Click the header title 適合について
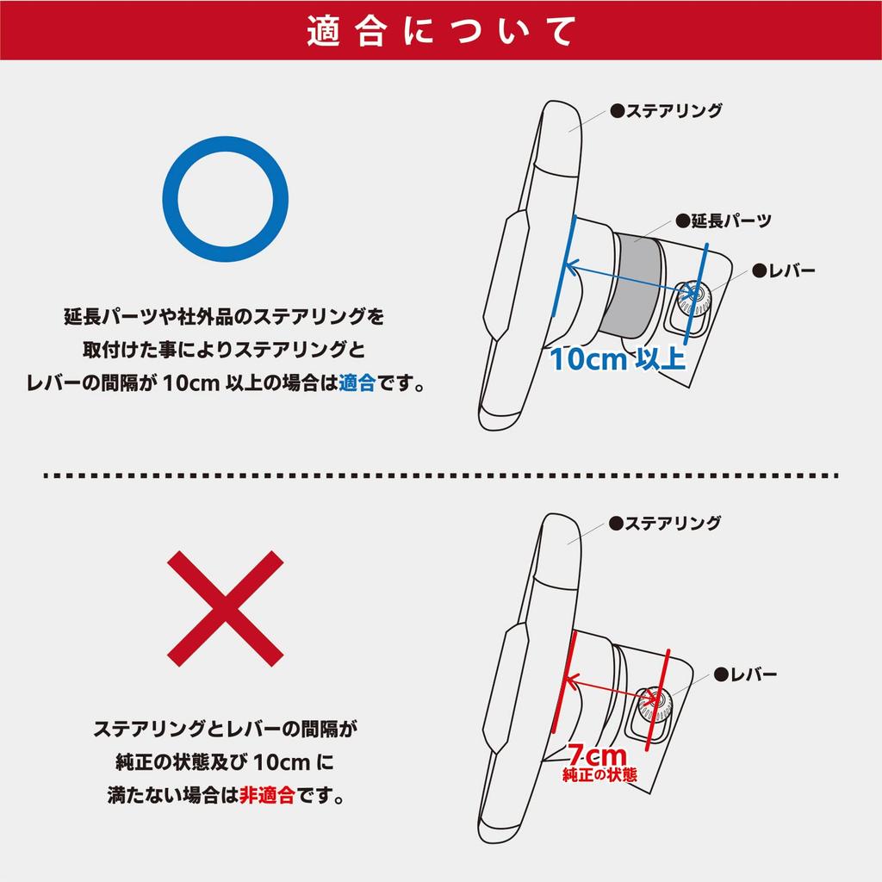click(x=441, y=31)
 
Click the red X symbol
click(x=225, y=609)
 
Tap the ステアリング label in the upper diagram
click(x=667, y=110)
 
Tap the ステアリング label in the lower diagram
click(x=665, y=523)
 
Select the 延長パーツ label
click(x=724, y=220)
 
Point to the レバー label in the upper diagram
click(x=784, y=270)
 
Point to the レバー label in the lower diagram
click(x=745, y=674)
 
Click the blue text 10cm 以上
click(x=618, y=359)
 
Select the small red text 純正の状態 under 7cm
click(x=599, y=774)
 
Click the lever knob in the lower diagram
click(x=655, y=703)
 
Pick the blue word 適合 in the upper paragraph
click(x=357, y=383)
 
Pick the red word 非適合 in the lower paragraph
click(x=267, y=795)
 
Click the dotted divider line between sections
click(x=441, y=475)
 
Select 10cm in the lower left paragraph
click(x=282, y=763)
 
